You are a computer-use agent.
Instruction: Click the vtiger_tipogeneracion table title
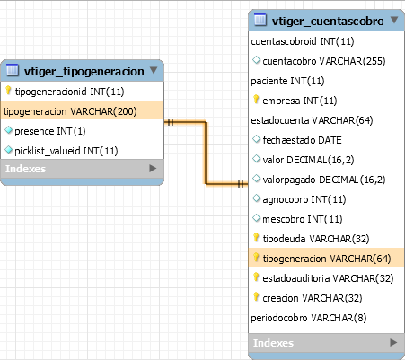(x=84, y=72)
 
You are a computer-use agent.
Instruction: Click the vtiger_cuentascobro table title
(x=328, y=22)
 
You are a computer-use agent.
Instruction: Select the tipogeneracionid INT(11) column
(x=69, y=92)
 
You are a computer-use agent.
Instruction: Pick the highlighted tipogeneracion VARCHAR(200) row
(x=82, y=111)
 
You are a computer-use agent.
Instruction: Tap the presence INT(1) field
(x=50, y=131)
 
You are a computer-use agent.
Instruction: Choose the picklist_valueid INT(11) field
(x=66, y=151)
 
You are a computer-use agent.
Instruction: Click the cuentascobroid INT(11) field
(x=303, y=41)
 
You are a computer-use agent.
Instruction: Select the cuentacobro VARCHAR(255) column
(x=324, y=61)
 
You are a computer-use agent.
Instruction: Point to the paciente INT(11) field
(x=287, y=81)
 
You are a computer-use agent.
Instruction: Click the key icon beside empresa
(x=256, y=100)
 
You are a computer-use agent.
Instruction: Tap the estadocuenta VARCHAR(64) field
(x=312, y=120)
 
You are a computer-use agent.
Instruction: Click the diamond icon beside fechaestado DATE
(x=256, y=139)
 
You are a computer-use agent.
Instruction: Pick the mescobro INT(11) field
(x=303, y=219)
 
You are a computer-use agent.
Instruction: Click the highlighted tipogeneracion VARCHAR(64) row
(x=326, y=259)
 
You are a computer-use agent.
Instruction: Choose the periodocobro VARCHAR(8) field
(x=309, y=318)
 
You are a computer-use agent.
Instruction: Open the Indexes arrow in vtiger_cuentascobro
(x=393, y=342)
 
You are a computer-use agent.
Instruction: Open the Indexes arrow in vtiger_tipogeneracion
(x=153, y=169)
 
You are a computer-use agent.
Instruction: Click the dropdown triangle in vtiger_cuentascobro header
(x=394, y=20)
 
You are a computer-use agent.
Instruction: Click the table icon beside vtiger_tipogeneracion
(x=13, y=69)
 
